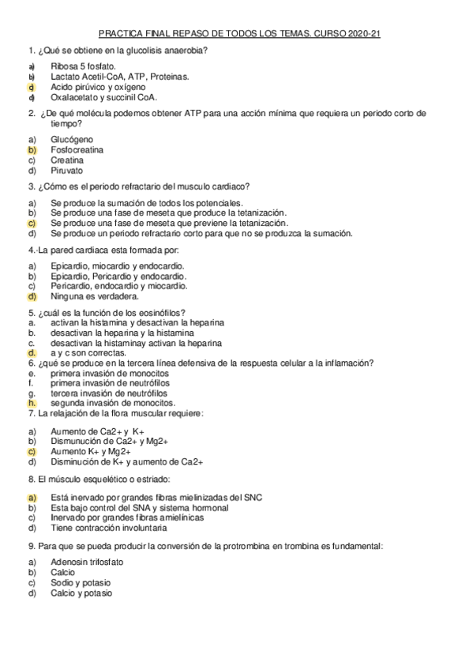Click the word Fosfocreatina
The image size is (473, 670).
[77, 149]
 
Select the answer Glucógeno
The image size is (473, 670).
[72, 139]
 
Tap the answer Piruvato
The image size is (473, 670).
[66, 170]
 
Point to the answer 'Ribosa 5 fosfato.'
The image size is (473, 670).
[83, 66]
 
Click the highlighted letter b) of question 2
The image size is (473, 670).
[32, 149]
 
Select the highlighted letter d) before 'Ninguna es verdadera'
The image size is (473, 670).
[32, 297]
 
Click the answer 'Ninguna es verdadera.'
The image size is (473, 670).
[95, 297]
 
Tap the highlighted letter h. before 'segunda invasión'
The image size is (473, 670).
[32, 402]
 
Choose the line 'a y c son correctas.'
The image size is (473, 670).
[87, 353]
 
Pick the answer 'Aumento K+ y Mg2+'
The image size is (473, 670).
[90, 451]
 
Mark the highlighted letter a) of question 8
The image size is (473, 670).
[32, 497]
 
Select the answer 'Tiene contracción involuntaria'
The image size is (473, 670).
[108, 528]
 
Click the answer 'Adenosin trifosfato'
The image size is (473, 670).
[87, 562]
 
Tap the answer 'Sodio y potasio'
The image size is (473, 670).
[80, 582]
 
